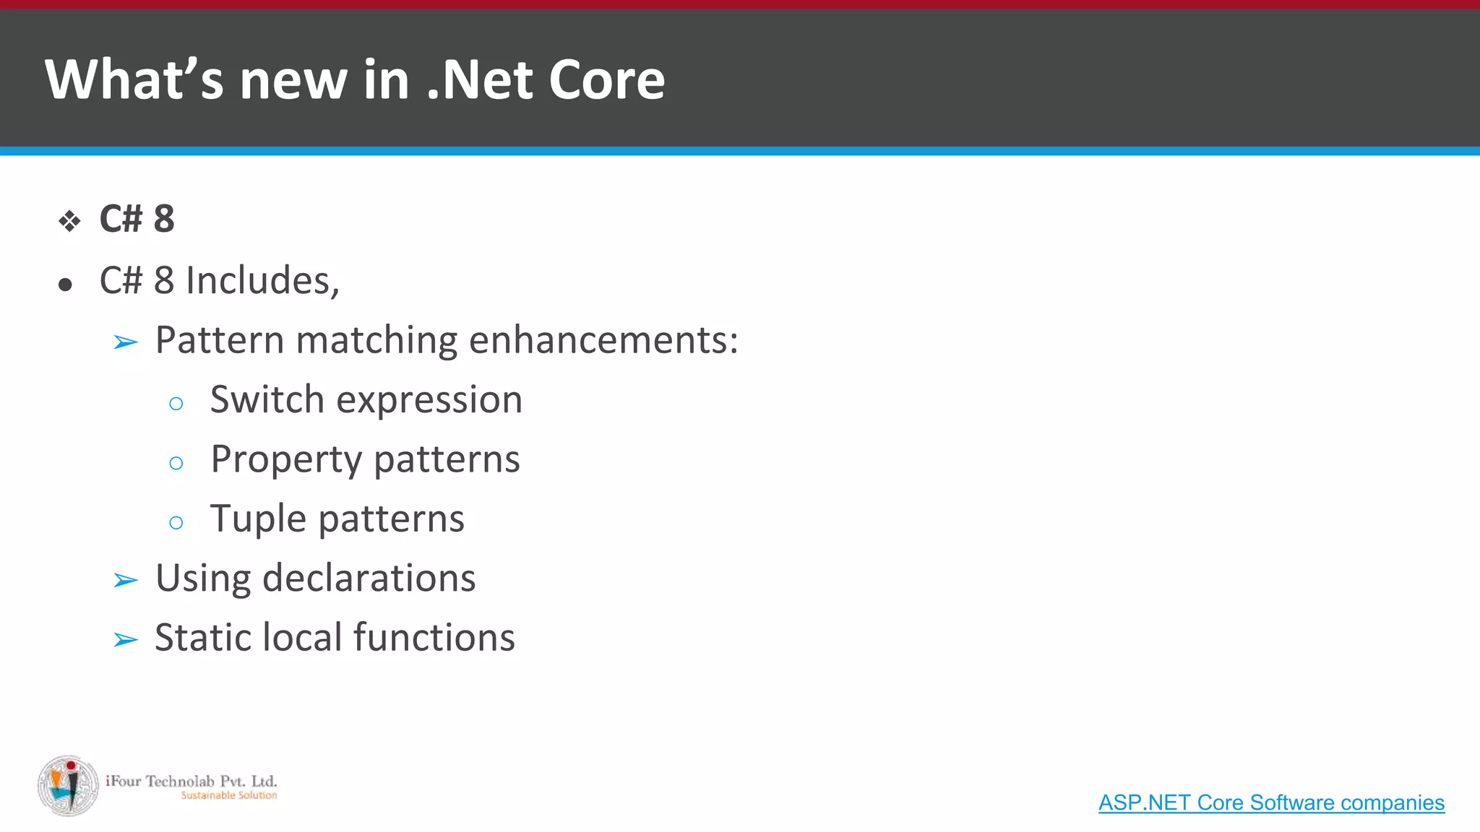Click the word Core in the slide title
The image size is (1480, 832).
(x=606, y=79)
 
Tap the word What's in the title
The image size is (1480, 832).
(x=134, y=79)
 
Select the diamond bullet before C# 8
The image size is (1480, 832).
(x=69, y=221)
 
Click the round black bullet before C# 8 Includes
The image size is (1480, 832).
(x=66, y=285)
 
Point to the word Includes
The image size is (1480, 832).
(x=262, y=280)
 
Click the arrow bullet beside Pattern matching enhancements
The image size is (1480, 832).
(x=126, y=342)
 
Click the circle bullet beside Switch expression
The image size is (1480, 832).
(x=176, y=404)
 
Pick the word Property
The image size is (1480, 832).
(x=286, y=460)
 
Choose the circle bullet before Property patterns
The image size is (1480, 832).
(x=176, y=463)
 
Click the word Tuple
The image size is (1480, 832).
(x=258, y=519)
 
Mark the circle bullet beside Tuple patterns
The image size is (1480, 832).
(x=176, y=523)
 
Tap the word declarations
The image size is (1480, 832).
(x=369, y=578)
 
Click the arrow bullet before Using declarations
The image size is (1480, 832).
(x=126, y=580)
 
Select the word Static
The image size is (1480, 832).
(x=202, y=638)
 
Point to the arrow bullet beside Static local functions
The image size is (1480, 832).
(x=126, y=640)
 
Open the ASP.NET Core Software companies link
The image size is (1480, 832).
(x=1271, y=803)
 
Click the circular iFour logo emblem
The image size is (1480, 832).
(x=69, y=786)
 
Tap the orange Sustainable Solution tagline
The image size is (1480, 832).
(x=228, y=796)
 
